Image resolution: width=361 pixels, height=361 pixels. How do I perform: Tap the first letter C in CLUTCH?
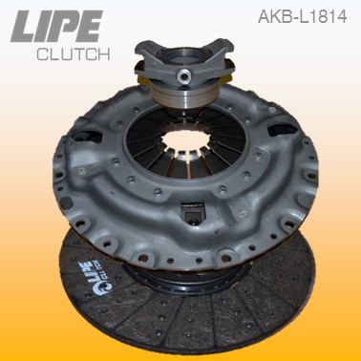(x=42, y=54)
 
